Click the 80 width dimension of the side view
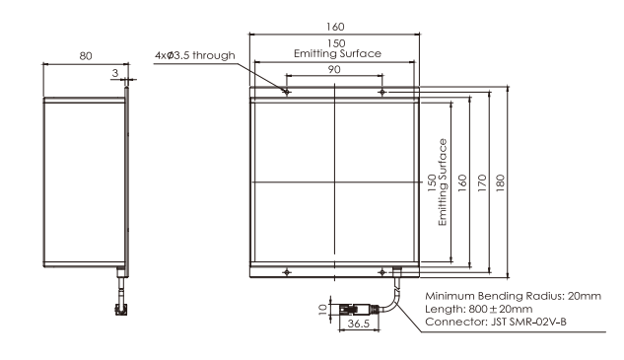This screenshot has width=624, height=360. pyautogui.click(x=86, y=56)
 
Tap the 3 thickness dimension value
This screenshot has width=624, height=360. pyautogui.click(x=115, y=73)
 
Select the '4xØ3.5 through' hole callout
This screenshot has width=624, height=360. pyautogui.click(x=195, y=55)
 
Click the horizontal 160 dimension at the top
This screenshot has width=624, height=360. pyautogui.click(x=335, y=27)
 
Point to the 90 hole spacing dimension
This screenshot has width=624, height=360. pyautogui.click(x=334, y=69)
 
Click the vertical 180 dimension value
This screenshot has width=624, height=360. pyautogui.click(x=500, y=182)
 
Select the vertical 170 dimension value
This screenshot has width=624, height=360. pyautogui.click(x=482, y=182)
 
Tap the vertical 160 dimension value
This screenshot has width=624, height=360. pyautogui.click(x=462, y=182)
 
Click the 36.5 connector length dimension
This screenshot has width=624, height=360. pyautogui.click(x=359, y=324)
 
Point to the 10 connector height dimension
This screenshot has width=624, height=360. pyautogui.click(x=323, y=309)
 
